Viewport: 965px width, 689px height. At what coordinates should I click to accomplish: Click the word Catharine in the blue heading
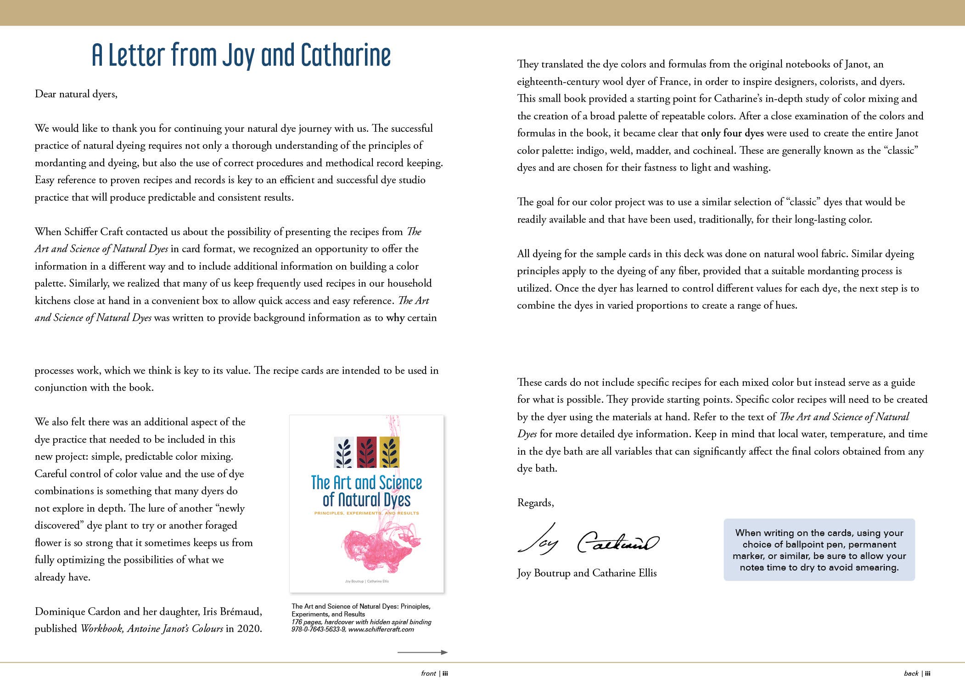pyautogui.click(x=345, y=55)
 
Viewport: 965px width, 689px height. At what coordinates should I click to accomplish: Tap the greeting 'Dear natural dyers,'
pyautogui.click(x=76, y=94)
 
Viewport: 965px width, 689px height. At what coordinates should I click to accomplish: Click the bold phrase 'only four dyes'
pyautogui.click(x=732, y=133)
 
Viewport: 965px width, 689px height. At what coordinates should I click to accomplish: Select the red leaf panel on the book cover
pyautogui.click(x=366, y=452)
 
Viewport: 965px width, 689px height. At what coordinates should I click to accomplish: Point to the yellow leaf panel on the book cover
pyautogui.click(x=389, y=452)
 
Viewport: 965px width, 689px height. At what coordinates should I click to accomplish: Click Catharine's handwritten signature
pyautogui.click(x=617, y=542)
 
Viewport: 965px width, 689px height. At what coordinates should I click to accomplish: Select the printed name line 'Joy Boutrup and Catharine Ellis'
pyautogui.click(x=587, y=573)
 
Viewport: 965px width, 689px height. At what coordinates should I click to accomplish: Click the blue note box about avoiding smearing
pyautogui.click(x=819, y=550)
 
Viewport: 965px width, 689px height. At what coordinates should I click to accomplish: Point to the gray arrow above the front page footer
pyautogui.click(x=422, y=652)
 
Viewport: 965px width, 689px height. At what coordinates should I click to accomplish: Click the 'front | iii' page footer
pyautogui.click(x=434, y=673)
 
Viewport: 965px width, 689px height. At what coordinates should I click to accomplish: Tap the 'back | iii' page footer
pyautogui.click(x=917, y=673)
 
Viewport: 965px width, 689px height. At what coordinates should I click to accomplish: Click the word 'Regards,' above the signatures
pyautogui.click(x=535, y=503)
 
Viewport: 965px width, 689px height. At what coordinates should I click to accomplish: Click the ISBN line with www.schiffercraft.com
pyautogui.click(x=353, y=630)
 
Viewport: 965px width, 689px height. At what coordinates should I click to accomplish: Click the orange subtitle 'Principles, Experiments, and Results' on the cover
pyautogui.click(x=366, y=513)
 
